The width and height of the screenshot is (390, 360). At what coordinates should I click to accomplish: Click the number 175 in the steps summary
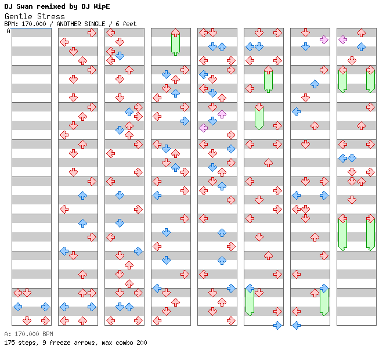click(x=10, y=343)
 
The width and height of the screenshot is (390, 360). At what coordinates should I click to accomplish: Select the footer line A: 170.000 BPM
click(x=28, y=334)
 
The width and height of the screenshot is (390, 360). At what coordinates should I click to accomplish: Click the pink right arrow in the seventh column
click(x=324, y=39)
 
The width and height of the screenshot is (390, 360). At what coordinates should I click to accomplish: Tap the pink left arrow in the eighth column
click(x=342, y=39)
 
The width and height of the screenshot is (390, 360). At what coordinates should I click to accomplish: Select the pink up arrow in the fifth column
click(x=222, y=114)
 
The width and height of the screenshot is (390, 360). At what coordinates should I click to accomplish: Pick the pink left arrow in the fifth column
click(x=203, y=128)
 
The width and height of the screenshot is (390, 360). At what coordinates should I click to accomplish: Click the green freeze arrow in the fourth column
click(x=175, y=43)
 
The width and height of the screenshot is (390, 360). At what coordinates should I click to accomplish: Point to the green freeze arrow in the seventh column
click(x=324, y=301)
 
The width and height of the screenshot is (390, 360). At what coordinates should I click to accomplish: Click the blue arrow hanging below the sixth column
click(x=277, y=325)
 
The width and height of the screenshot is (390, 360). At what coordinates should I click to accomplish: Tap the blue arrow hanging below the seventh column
click(x=296, y=325)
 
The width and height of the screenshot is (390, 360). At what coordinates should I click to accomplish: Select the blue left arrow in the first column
click(x=17, y=307)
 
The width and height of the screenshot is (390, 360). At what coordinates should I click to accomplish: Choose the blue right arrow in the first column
click(x=45, y=307)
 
